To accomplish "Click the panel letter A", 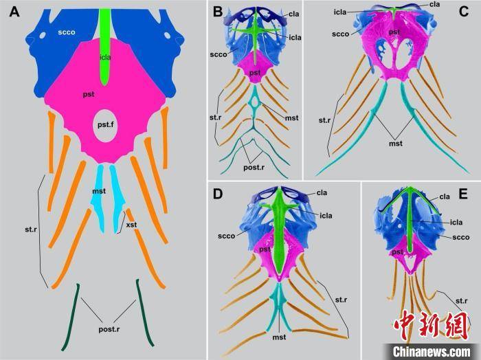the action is click(14, 12).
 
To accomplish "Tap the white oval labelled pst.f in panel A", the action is click(105, 126).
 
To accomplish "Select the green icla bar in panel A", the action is click(105, 47).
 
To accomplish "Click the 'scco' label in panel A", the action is click(67, 32).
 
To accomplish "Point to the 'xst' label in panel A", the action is click(132, 225).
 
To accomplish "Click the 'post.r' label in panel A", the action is click(109, 329).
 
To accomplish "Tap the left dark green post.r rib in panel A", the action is click(71, 317).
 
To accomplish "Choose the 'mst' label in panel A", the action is click(99, 192).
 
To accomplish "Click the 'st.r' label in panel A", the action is click(31, 229).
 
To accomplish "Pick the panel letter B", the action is click(218, 12).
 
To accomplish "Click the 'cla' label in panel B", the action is click(293, 14).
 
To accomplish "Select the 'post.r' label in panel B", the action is click(254, 168).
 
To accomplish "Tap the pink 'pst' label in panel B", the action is click(255, 73).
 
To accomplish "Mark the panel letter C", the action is click(464, 12).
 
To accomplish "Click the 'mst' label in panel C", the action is click(396, 143).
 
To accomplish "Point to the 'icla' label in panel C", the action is click(340, 12).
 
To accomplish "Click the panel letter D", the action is click(218, 194).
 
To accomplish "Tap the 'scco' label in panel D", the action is click(226, 236).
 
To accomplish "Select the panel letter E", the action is click(463, 194).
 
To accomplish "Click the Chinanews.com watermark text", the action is click(432, 352).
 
